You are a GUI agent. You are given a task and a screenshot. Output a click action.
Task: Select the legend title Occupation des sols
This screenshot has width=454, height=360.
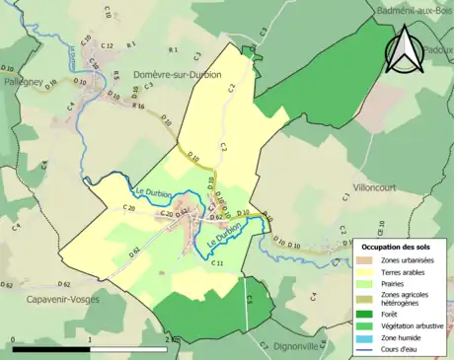click(399, 247)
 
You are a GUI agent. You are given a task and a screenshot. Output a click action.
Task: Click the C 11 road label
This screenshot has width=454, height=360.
click(217, 262)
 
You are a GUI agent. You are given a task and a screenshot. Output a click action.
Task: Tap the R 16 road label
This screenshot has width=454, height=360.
click(138, 106)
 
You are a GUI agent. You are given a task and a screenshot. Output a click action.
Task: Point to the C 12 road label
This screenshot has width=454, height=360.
click(108, 46)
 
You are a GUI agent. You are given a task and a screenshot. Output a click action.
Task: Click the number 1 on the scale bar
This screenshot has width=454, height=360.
click(91, 339)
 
